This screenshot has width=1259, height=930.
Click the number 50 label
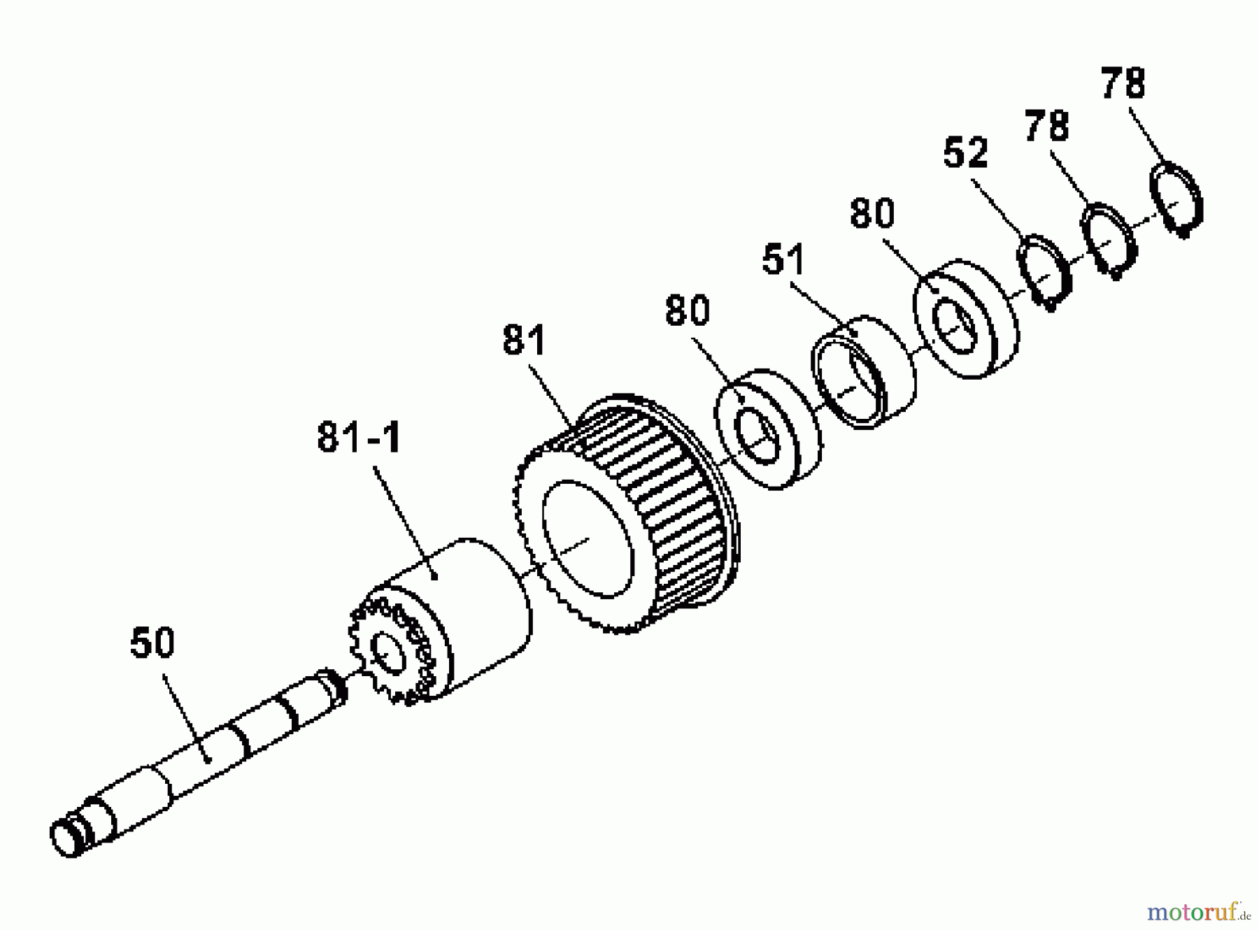click(152, 643)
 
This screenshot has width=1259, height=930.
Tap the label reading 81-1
click(360, 438)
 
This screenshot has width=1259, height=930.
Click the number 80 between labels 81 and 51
click(688, 310)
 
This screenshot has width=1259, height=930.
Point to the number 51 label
click(784, 259)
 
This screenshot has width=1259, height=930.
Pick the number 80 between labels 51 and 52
click(872, 213)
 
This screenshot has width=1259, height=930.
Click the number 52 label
click(965, 152)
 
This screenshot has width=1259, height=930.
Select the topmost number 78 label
click(1123, 83)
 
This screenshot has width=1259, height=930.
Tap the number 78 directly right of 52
click(1047, 127)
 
